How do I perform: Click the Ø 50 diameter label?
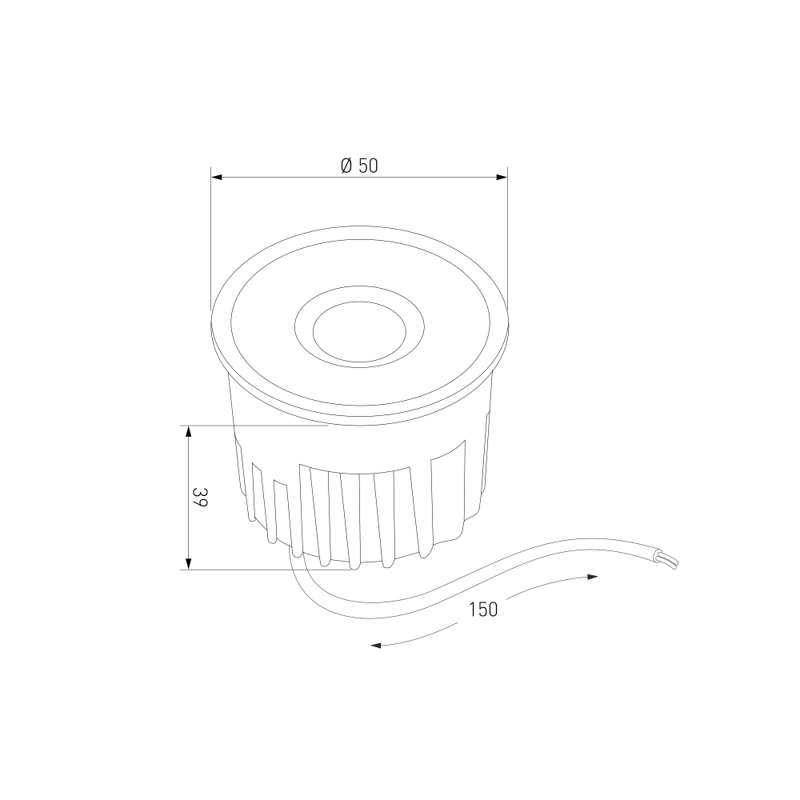click(360, 166)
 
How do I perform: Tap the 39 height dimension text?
click(200, 497)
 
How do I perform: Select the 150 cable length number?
click(483, 610)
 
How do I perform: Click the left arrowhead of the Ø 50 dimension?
click(217, 177)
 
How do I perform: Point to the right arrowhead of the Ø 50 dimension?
click(502, 177)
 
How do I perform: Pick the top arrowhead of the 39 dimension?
click(188, 432)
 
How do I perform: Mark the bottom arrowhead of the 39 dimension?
click(188, 563)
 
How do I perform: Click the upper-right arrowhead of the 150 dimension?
click(592, 577)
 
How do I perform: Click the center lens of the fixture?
click(360, 332)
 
